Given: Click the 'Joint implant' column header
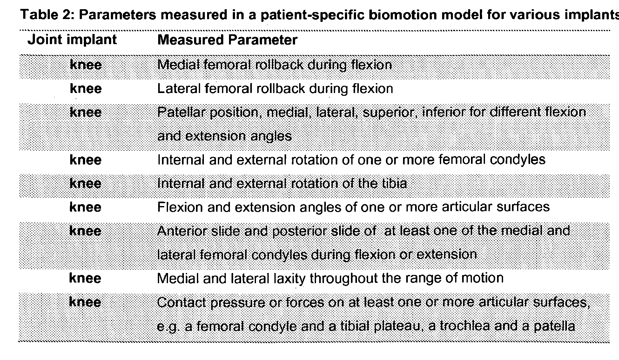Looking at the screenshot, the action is pyautogui.click(x=72, y=40).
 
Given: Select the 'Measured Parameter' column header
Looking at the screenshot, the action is pyautogui.click(x=227, y=40).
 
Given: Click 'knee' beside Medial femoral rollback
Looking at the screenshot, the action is pyautogui.click(x=86, y=65).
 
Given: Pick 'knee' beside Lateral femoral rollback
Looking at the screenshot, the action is pyautogui.click(x=86, y=89).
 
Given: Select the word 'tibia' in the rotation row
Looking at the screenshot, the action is pyautogui.click(x=395, y=183).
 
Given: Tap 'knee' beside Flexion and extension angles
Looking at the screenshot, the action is pyautogui.click(x=85, y=207).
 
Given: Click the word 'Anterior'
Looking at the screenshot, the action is pyautogui.click(x=182, y=231).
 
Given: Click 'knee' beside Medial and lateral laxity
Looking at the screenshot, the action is pyautogui.click(x=85, y=278).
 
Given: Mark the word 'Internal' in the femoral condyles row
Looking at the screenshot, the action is pyautogui.click(x=181, y=160).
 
